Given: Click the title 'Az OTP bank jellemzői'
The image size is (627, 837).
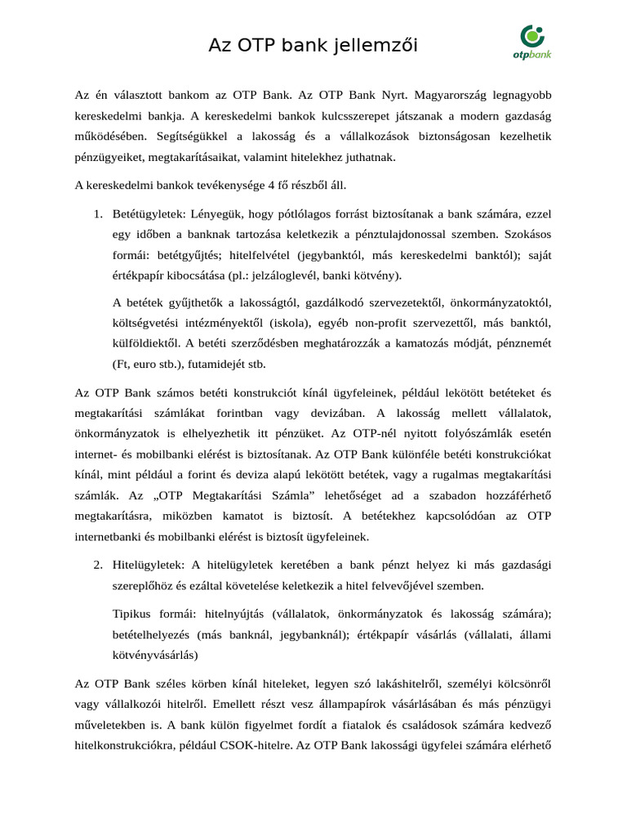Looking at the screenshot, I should click(313, 46).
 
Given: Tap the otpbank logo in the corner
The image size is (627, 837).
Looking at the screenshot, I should click(532, 42).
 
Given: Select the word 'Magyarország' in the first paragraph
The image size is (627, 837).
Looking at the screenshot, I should click(428, 95).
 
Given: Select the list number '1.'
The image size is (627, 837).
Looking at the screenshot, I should click(96, 214).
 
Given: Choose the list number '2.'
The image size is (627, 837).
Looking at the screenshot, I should click(96, 565).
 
